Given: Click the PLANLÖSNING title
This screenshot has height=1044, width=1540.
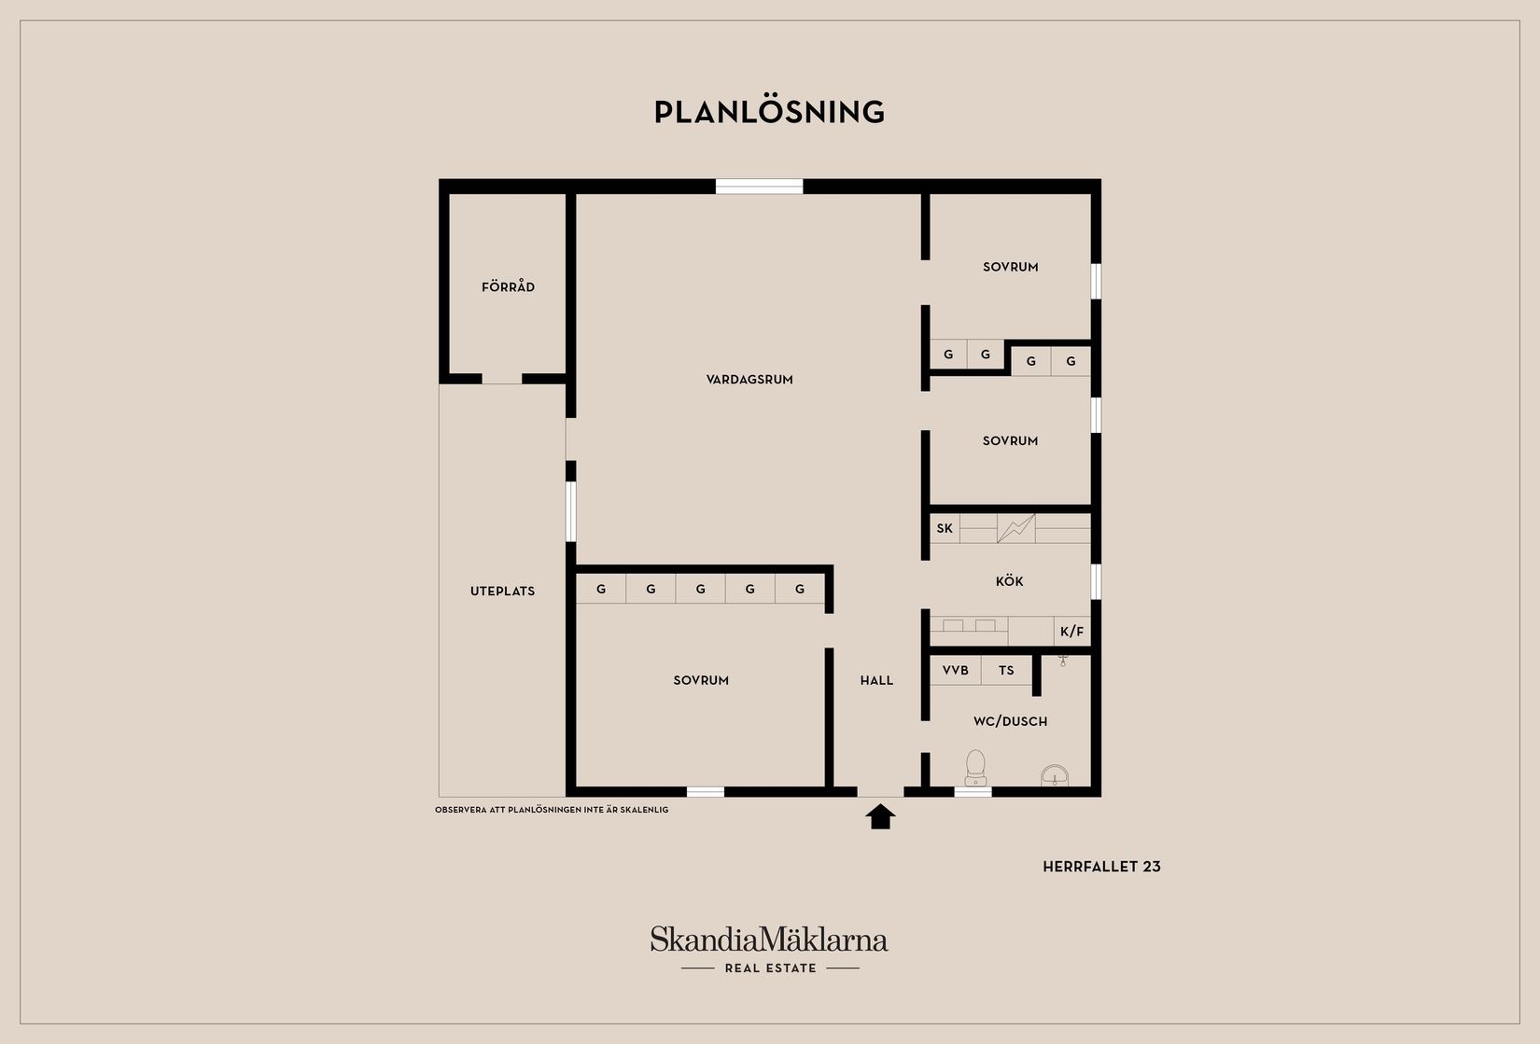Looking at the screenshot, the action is coord(769,112).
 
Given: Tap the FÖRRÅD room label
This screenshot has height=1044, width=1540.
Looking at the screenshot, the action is coord(508,286).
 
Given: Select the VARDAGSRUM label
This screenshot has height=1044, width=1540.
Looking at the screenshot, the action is coord(749,380).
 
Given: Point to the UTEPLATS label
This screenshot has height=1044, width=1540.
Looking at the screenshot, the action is coord(502,592).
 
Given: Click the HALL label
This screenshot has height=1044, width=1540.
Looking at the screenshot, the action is coord(876,680).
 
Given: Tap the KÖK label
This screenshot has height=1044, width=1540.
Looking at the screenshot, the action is coord(1009,581).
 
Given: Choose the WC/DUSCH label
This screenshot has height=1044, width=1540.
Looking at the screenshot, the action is coord(1011,721).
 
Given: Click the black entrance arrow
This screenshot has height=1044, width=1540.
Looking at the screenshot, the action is coord(881,816).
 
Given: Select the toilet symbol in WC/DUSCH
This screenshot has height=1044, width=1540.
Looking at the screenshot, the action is coord(975,768).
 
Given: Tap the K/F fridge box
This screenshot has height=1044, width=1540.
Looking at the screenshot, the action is coord(1071,631).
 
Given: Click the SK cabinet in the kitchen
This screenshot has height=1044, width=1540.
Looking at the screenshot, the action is coord(945,528).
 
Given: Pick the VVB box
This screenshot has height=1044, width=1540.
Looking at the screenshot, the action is coord(956,670).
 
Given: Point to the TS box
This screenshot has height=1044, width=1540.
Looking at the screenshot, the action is coord(1006,670).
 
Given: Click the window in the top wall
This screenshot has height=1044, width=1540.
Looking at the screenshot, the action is coord(759,187).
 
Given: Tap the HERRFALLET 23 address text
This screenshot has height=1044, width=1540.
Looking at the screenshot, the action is coord(1101,867).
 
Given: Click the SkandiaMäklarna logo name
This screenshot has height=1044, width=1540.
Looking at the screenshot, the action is coord(769,939).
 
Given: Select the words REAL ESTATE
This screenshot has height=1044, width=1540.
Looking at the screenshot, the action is coord(771,967).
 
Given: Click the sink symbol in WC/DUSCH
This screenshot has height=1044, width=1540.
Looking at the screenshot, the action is coord(1055,776).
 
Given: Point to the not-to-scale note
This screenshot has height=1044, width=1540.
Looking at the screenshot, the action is coord(552,810).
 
